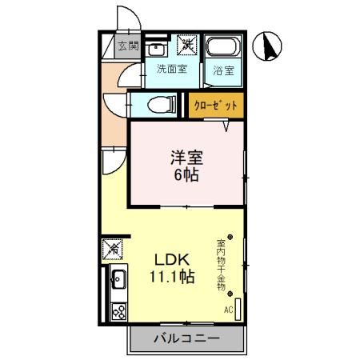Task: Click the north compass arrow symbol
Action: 270,47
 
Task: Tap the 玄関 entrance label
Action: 128,46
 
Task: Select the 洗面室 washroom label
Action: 171,69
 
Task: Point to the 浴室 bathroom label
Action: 223,70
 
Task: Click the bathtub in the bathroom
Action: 223,49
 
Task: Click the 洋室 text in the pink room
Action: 186,157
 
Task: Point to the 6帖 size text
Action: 186,174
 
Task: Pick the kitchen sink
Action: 118,280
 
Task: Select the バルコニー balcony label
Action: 186,339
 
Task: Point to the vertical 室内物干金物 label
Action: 221,265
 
